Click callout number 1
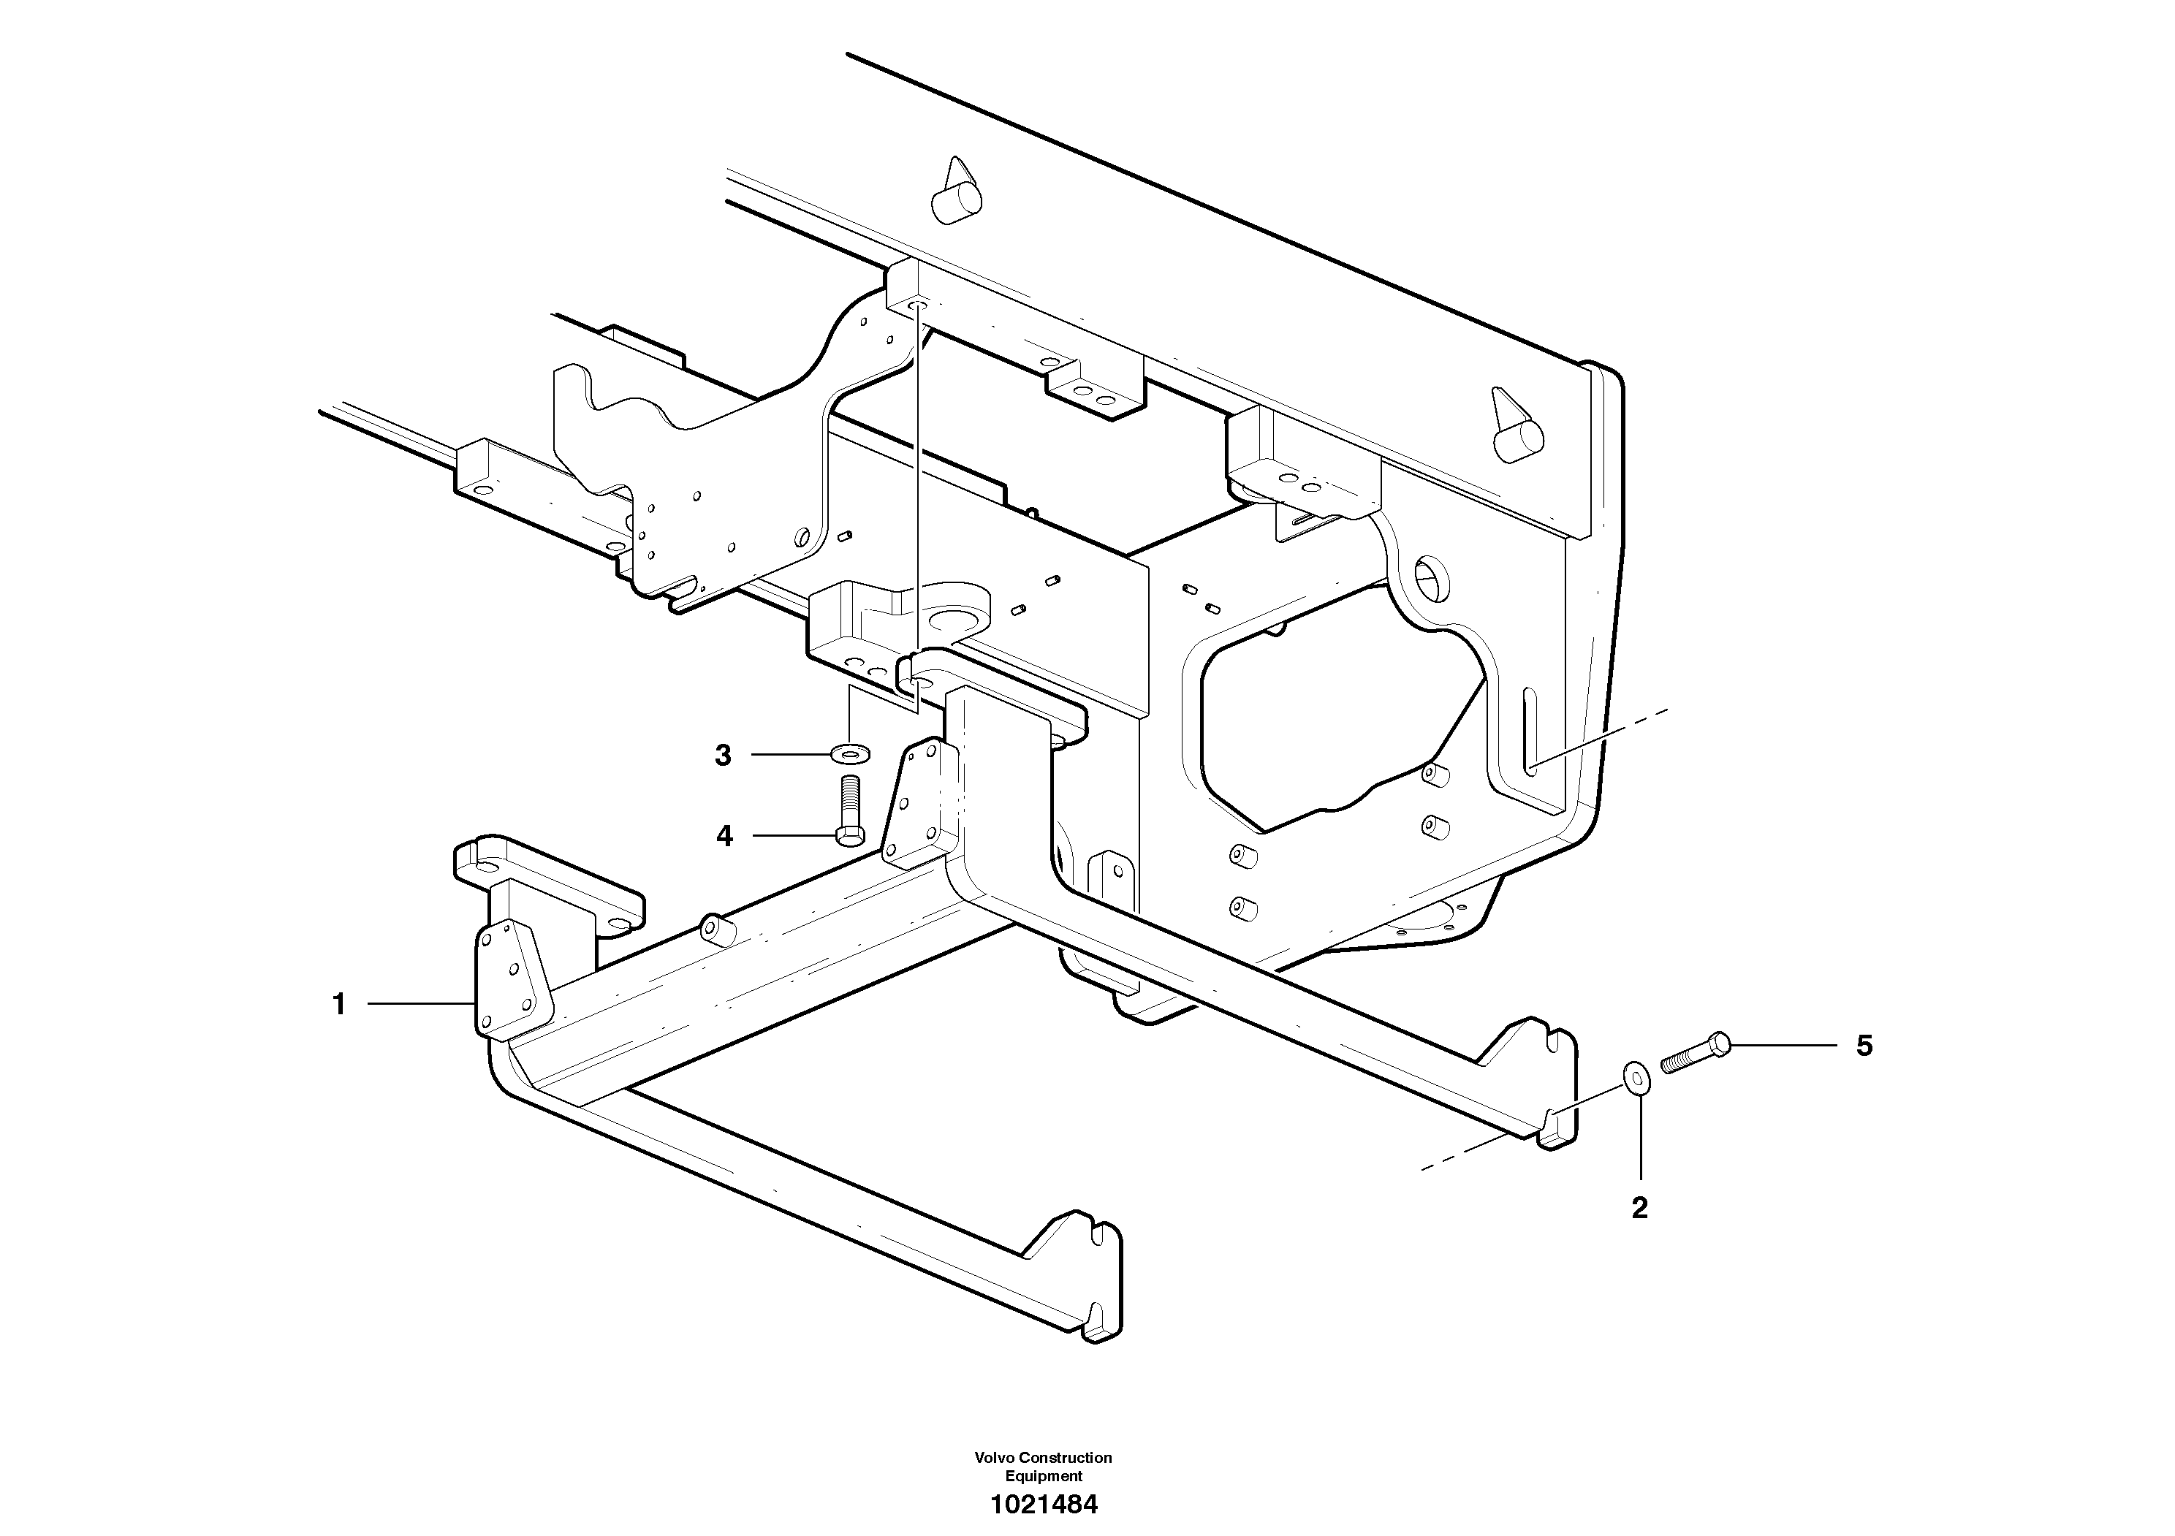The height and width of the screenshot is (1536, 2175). click(x=339, y=1005)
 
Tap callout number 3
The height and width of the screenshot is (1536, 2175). click(x=723, y=756)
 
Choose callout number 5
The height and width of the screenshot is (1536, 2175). click(x=1864, y=1046)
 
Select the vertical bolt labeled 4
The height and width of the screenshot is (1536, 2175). click(x=850, y=810)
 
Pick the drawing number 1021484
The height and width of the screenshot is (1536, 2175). click(x=1043, y=1505)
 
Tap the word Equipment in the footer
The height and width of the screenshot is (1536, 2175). click(x=1043, y=1476)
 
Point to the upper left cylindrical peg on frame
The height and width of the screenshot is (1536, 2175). click(x=955, y=195)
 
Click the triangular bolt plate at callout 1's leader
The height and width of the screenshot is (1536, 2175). click(x=509, y=980)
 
